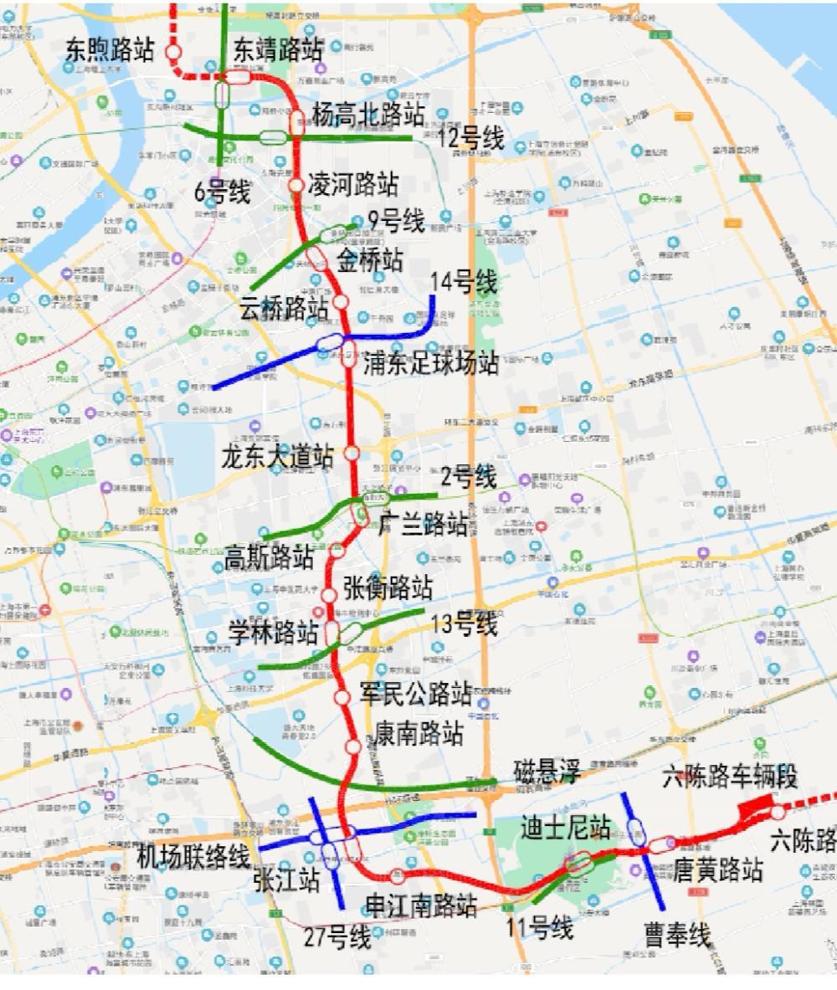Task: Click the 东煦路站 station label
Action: coord(110,49)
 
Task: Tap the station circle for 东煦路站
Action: coord(174,52)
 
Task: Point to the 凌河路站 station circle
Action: coord(295,185)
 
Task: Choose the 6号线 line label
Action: coord(222,192)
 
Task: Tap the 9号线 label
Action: coord(396,221)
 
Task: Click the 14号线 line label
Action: coord(463,282)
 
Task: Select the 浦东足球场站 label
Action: coord(430,362)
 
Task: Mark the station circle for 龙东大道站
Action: coord(352,452)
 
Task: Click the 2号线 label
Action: coord(469,478)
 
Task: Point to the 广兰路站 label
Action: coord(424,526)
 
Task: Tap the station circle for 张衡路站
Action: coord(329,594)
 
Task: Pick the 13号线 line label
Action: coord(464,623)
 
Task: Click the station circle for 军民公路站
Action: coord(341,697)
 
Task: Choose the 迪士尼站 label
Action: coord(566,828)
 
